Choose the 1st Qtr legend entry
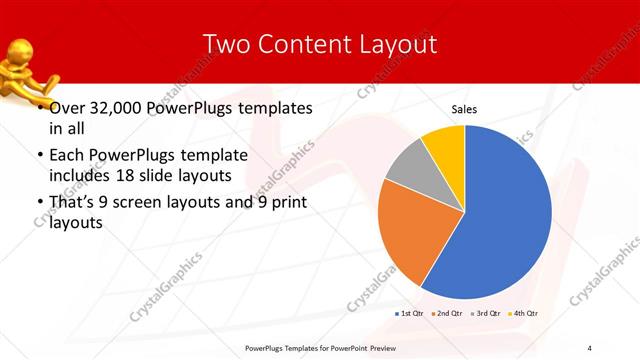click(x=409, y=314)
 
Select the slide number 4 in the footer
click(x=589, y=347)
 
